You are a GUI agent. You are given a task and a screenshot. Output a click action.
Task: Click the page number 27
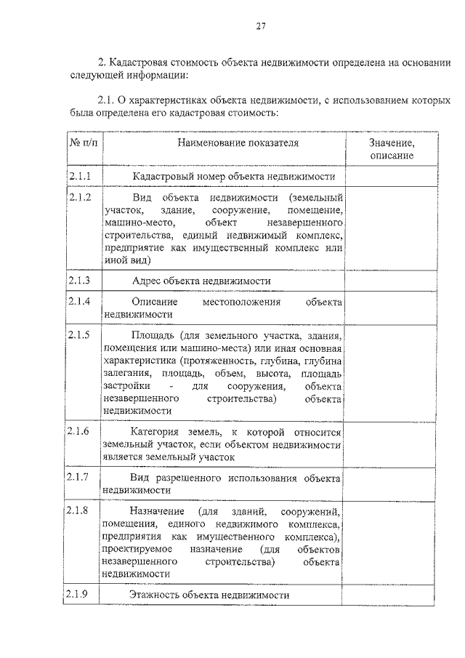(x=262, y=27)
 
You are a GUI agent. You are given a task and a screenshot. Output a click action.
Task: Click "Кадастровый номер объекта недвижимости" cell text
(x=233, y=177)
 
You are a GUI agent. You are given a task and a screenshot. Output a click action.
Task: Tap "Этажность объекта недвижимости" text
(x=209, y=595)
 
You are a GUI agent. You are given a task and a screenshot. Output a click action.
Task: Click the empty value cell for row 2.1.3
(x=392, y=281)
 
